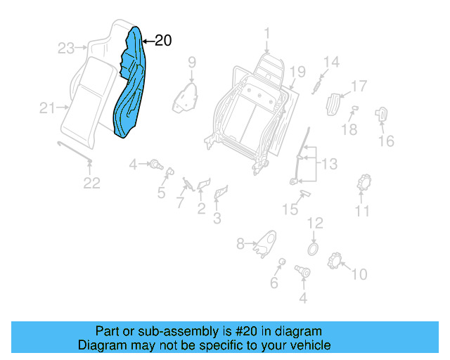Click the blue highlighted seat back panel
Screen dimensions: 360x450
coord(130,88)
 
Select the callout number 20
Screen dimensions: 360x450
coord(162,41)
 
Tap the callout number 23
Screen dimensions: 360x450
coord(66,49)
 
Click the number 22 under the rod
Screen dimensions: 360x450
coord(92,184)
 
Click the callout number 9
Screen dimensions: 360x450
coord(191,64)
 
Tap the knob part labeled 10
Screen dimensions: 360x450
coord(335,262)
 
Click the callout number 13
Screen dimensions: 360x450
coord(329,165)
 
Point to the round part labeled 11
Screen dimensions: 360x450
coord(365,183)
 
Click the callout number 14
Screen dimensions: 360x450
coord(330,63)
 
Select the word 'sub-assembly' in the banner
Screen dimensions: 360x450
coord(177,331)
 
